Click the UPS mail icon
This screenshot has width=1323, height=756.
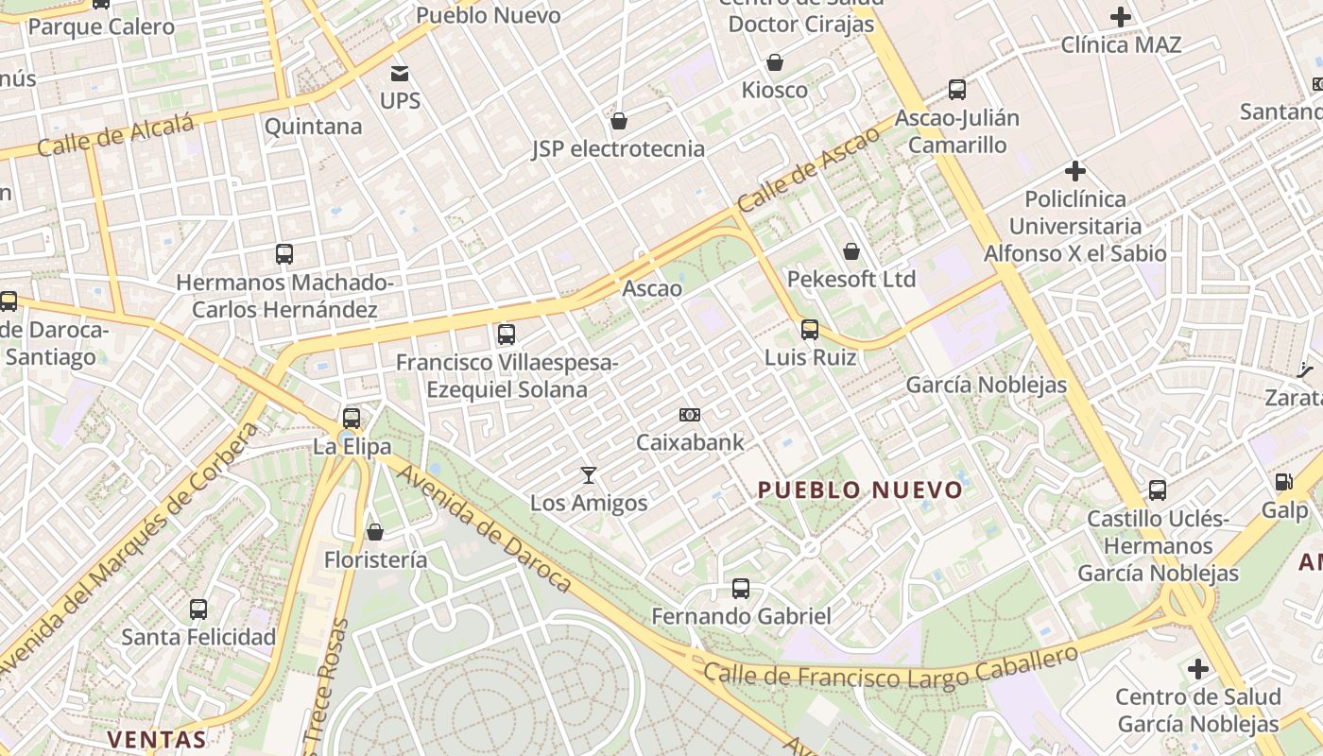coord(400,73)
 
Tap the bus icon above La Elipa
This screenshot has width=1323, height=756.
coord(352,418)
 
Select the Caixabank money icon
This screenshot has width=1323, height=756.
coord(690,415)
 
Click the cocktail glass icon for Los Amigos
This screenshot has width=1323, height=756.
coord(589,474)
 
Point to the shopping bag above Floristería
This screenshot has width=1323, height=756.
coord(375,532)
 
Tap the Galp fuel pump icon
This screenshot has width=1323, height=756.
coord(1284,482)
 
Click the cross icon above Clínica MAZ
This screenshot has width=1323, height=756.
coord(1121,16)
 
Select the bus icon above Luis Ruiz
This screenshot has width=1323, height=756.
coord(810,330)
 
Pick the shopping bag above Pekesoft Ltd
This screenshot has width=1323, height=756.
coord(851,251)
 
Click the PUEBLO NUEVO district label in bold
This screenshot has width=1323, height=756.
coord(860,490)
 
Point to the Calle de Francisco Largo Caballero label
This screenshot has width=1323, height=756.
coord(891,667)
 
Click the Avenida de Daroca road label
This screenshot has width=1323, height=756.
coord(484,526)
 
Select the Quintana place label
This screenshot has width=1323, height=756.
coord(313,127)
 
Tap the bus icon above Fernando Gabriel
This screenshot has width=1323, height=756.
coord(741,589)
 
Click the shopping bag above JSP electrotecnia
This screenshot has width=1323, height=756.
coord(619,121)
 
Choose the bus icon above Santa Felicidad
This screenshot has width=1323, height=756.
coord(198,610)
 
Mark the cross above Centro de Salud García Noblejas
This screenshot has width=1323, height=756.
coord(1198,670)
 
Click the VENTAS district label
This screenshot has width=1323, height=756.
coord(157,739)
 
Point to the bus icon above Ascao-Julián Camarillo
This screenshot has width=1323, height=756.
coord(957,90)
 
